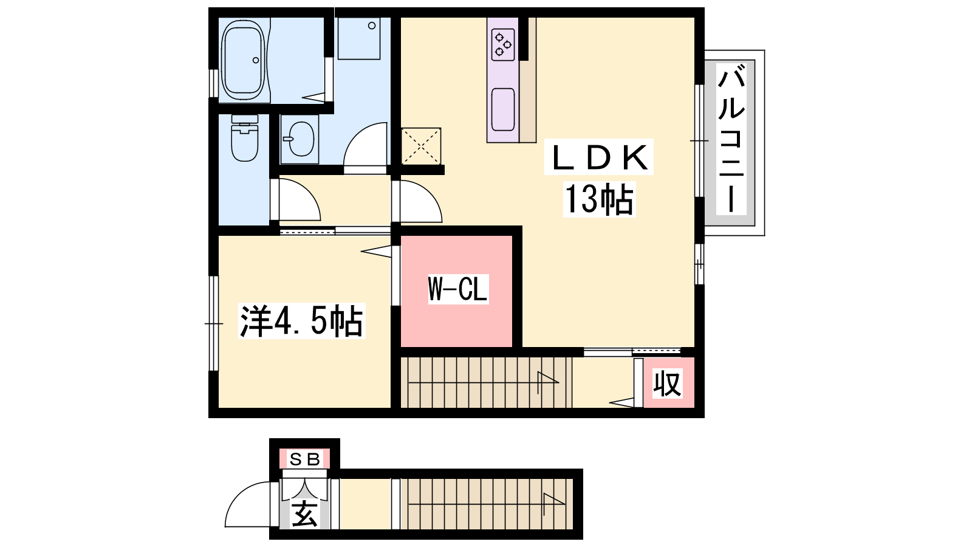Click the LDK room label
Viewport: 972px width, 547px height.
point(599,157)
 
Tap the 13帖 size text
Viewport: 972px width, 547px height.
point(599,199)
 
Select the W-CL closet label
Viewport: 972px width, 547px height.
point(458,289)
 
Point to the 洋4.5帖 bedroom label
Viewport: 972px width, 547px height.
point(301,322)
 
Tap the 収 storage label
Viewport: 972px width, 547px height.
point(668,384)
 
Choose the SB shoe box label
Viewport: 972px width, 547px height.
point(304,459)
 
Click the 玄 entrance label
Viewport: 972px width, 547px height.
point(304,514)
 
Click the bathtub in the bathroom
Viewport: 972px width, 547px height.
point(243,60)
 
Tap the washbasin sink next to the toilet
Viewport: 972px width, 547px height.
point(300,139)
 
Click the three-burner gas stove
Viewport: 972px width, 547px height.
point(503,44)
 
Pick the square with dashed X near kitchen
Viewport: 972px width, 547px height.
point(421,146)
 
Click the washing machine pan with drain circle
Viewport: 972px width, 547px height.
point(359,38)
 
